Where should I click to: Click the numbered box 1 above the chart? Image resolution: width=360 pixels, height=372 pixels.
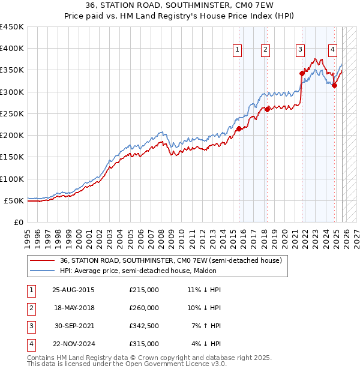point(238,50)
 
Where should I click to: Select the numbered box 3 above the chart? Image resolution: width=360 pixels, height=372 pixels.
point(300,50)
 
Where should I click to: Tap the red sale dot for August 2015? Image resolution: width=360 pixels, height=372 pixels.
point(239,128)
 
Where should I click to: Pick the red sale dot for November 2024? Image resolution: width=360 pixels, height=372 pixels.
point(335,85)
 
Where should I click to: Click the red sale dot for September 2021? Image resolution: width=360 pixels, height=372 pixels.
point(302,73)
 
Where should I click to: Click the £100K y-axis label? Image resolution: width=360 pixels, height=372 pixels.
point(11,179)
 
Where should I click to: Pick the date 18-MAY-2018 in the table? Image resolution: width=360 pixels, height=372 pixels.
point(73,308)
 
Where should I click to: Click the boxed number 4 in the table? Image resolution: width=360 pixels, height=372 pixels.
point(31,344)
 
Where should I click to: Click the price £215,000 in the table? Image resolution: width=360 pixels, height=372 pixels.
point(144,290)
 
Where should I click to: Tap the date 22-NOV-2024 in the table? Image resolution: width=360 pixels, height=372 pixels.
point(74,344)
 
